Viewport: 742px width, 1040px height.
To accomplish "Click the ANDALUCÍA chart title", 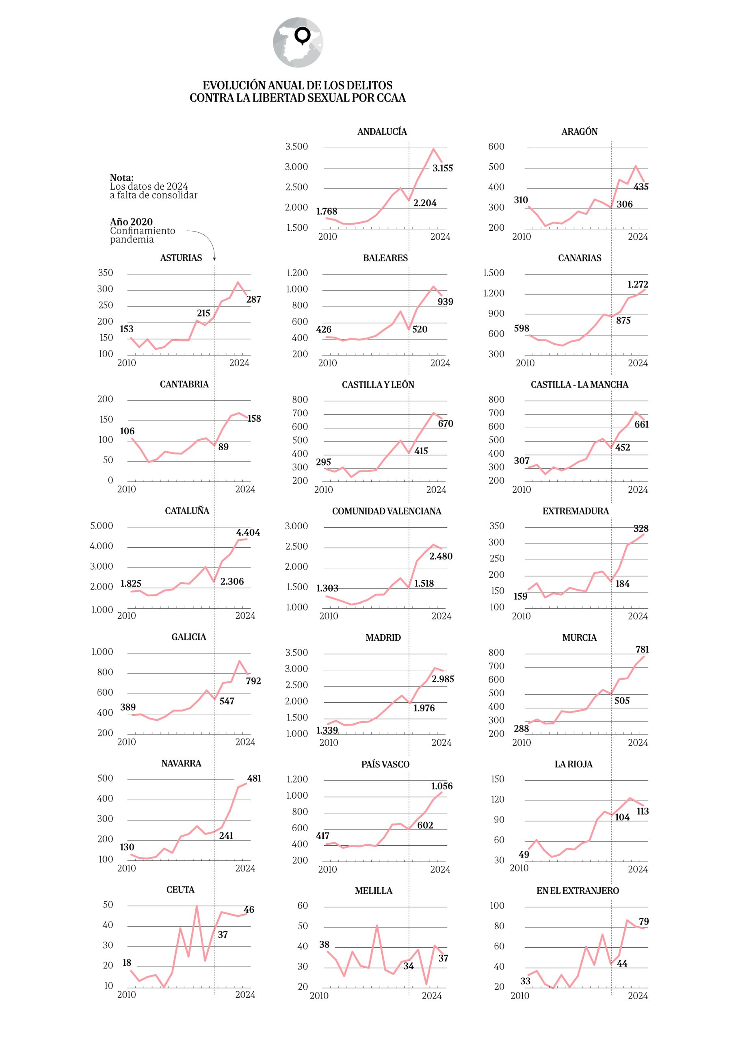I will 381,132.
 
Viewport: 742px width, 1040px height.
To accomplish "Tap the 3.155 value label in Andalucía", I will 442,168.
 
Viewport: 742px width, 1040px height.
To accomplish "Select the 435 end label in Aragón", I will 640,187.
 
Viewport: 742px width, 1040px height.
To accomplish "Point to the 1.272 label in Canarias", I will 637,284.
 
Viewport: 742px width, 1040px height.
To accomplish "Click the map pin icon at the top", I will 303,36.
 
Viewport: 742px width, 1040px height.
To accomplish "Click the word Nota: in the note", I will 121,178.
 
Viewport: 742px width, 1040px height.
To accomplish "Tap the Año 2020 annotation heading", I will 131,222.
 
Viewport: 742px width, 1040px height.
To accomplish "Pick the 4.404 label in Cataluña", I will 248,532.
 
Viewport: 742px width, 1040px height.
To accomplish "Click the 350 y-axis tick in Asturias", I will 105,273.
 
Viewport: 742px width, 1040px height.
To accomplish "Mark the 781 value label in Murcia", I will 642,649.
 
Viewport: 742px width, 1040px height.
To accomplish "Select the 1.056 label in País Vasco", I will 441,786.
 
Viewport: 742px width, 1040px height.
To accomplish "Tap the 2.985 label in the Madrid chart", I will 442,679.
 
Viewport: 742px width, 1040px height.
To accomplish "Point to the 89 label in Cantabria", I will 223,447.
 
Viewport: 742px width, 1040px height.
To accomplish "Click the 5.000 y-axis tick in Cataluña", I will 102,526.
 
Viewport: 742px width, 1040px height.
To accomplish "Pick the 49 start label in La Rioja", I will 524,854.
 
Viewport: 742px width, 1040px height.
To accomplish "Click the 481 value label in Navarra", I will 254,778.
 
